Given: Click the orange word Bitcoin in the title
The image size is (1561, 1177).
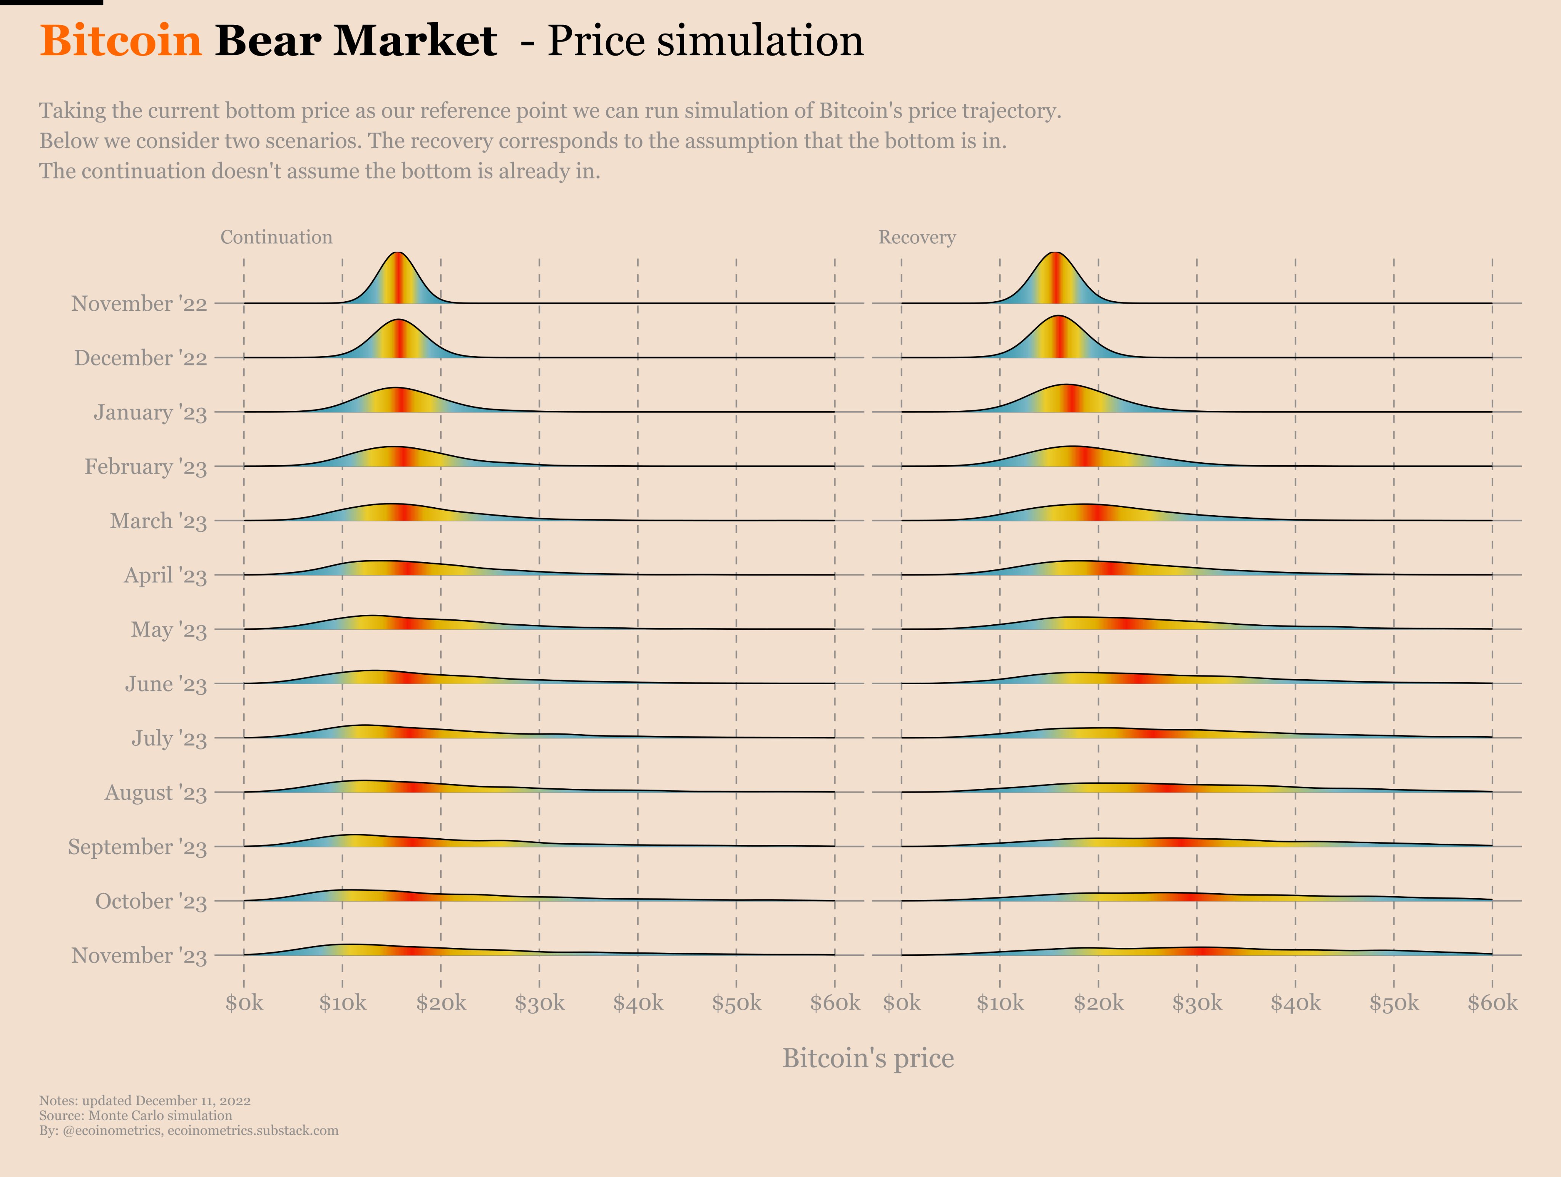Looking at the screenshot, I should tap(121, 41).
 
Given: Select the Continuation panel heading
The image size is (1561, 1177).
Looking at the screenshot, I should tap(276, 237).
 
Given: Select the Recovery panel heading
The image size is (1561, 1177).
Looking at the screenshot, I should tap(917, 237).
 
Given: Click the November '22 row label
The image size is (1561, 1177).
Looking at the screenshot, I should tap(139, 304).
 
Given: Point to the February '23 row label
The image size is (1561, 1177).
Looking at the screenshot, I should tap(145, 467).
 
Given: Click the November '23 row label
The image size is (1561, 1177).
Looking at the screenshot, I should tap(139, 955).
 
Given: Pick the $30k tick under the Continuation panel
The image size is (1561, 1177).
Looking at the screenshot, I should tap(539, 1003).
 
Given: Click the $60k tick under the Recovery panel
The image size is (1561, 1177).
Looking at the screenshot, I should tap(1492, 1003).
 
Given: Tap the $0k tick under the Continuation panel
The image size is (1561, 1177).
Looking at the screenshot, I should tap(244, 1003).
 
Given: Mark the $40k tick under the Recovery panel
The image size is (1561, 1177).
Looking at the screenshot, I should tap(1295, 1003).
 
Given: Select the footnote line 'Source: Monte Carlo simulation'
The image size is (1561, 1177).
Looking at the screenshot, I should tap(136, 1116).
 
